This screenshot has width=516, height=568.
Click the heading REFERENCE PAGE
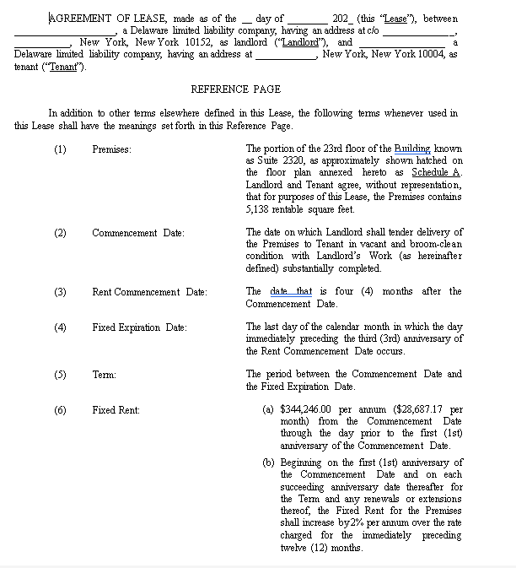point(235,89)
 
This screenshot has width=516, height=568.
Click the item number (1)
point(60,149)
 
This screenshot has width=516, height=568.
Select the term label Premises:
point(111,149)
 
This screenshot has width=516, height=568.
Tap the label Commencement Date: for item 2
point(137,233)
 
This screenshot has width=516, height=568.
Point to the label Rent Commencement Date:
point(149,292)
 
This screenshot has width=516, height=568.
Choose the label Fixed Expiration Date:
point(139,327)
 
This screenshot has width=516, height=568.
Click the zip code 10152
point(201,42)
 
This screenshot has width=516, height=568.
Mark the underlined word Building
point(412,149)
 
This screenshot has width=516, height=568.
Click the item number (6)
point(60,410)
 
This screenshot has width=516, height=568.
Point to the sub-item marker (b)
point(268,463)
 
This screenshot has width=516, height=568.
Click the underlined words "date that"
point(291,292)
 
